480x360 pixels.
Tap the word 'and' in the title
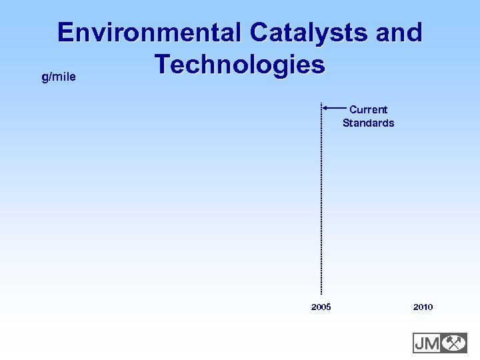click(399, 33)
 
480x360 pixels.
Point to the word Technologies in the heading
click(239, 65)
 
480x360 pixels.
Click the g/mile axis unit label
click(58, 77)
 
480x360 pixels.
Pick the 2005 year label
click(321, 307)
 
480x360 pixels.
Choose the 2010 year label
click(423, 307)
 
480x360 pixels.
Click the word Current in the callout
click(368, 109)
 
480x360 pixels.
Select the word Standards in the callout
click(368, 123)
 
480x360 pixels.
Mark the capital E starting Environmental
click(67, 33)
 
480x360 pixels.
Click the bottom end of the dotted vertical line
click(321, 293)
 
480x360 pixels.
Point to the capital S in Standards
click(347, 123)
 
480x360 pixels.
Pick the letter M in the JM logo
click(431, 343)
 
